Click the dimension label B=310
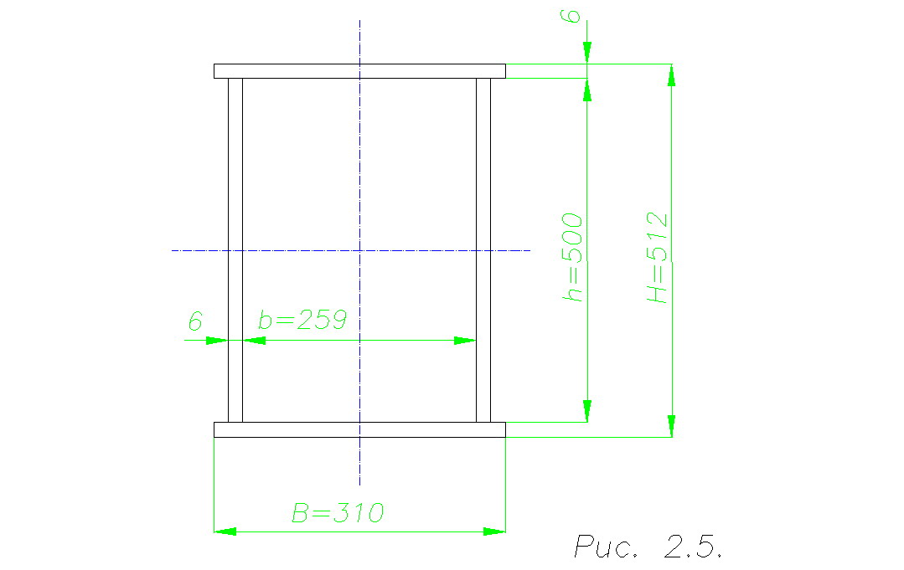click(x=338, y=513)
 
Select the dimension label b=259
click(x=302, y=320)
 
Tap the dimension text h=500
click(x=572, y=257)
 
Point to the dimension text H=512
click(x=657, y=258)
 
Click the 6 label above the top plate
click(x=571, y=16)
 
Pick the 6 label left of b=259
click(x=195, y=321)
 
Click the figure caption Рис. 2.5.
click(x=648, y=546)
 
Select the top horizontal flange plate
click(x=359, y=71)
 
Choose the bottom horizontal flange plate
click(x=359, y=429)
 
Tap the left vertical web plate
click(x=235, y=250)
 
